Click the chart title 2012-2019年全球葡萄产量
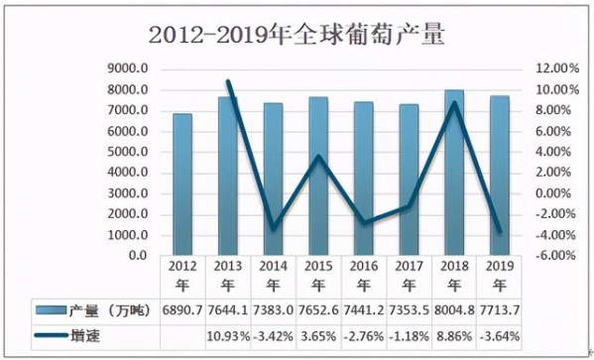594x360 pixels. pyautogui.click(x=297, y=36)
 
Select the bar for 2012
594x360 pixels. pyautogui.click(x=182, y=184)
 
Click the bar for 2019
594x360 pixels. pyautogui.click(x=499, y=177)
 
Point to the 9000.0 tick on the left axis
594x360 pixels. pyautogui.click(x=128, y=68)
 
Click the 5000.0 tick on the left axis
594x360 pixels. pyautogui.click(x=128, y=152)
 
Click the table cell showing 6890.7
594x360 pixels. pyautogui.click(x=181, y=312)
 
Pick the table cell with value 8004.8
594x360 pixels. pyautogui.click(x=453, y=312)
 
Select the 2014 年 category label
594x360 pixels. pyautogui.click(x=273, y=275)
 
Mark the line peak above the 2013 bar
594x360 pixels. pyautogui.click(x=229, y=81)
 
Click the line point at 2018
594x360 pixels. pyautogui.click(x=454, y=102)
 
